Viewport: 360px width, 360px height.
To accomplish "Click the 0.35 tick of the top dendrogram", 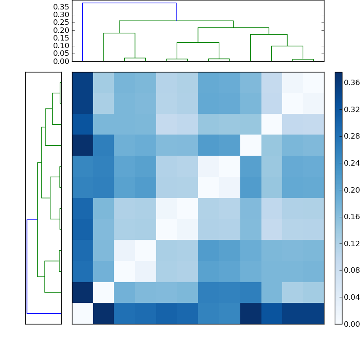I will pos(61,7).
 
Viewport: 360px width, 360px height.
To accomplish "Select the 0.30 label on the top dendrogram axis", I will pos(61,14).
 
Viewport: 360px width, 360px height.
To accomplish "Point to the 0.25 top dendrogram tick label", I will pos(61,22).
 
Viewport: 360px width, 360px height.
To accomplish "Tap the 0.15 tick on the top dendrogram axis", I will pos(61,38).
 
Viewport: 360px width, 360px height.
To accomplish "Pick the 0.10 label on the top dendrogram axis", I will pos(61,46).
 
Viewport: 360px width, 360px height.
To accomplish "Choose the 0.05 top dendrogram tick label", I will pos(61,54).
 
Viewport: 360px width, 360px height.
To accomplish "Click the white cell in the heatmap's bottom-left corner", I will pos(82,313).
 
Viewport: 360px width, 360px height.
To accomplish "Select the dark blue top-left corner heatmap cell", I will pos(82,82).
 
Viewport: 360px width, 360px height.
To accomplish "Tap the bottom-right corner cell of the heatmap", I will pos(313,313).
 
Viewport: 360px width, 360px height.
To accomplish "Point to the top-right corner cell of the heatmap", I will pos(313,82).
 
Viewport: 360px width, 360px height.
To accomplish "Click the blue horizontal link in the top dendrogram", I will pos(129,3).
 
